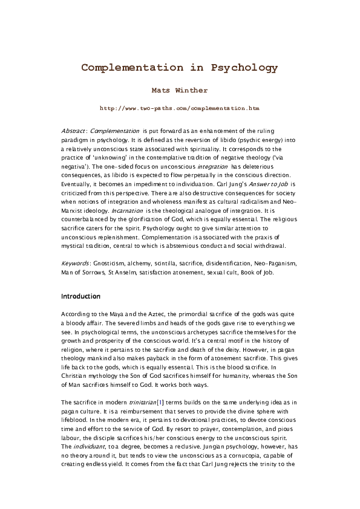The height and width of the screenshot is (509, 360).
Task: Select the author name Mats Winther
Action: click(x=180, y=90)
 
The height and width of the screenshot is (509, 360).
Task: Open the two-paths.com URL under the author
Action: click(x=180, y=108)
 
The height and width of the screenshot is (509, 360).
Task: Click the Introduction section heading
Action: click(x=81, y=297)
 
